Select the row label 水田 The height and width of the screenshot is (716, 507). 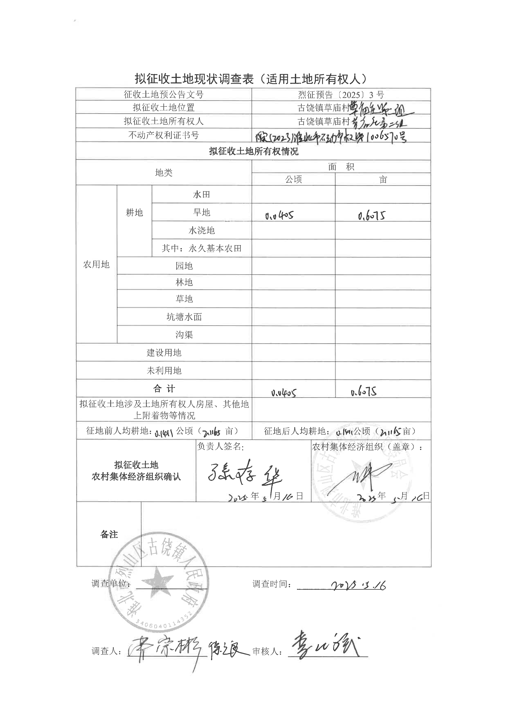point(201,195)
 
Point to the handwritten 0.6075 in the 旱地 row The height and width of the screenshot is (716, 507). point(372,216)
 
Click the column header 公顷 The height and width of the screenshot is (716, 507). point(293,180)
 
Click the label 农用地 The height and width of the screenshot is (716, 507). point(96,264)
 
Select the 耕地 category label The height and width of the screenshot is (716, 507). point(134,213)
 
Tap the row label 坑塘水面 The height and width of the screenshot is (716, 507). point(184,317)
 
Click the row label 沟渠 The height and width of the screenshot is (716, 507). point(184,335)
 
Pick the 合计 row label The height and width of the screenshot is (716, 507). point(164,389)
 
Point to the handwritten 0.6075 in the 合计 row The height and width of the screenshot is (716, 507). point(364,392)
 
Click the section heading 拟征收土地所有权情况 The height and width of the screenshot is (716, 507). point(254,152)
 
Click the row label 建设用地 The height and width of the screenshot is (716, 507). point(164,353)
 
